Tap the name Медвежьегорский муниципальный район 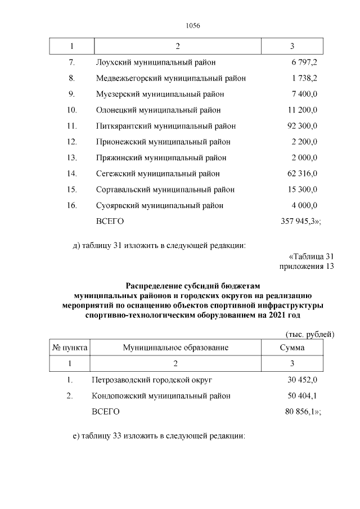coord(170,78)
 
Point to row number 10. coord(71,110)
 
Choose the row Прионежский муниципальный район coord(163,142)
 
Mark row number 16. coord(71,205)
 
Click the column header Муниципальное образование coord(175,348)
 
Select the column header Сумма coord(292,348)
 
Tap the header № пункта coord(70,348)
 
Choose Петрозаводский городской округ coord(151,380)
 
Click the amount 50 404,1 coord(302,396)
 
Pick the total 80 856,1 coord(303,412)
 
